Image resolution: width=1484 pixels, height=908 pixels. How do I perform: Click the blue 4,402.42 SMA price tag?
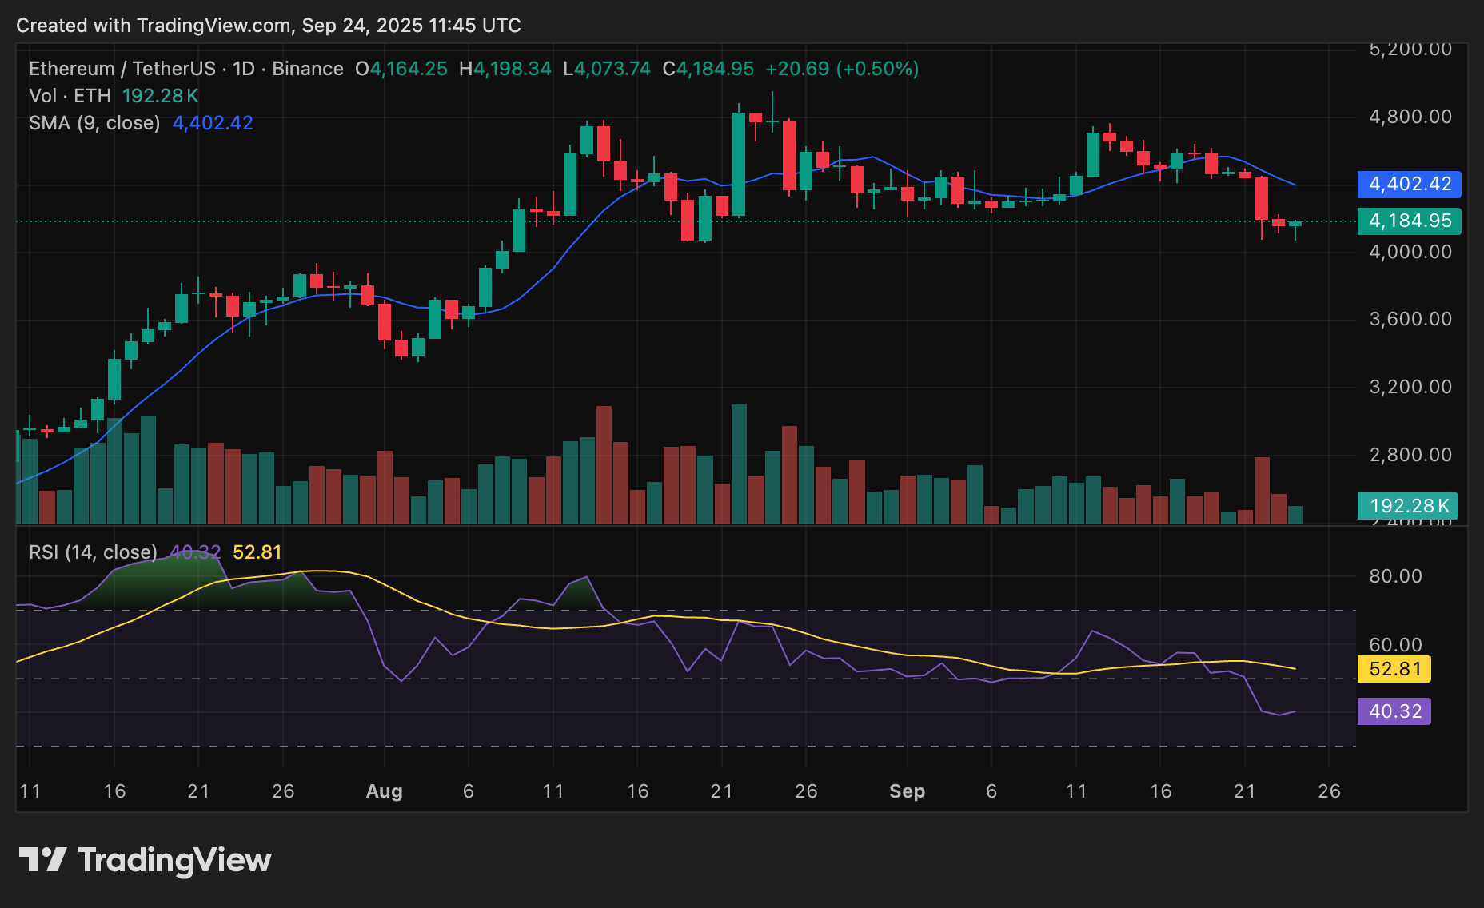[x=1409, y=184]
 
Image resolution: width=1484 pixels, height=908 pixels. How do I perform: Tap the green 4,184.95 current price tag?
[x=1409, y=221]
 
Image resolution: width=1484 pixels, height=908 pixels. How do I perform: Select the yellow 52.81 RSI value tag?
[x=1394, y=669]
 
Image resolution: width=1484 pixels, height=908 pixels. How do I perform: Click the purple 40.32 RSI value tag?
[x=1394, y=711]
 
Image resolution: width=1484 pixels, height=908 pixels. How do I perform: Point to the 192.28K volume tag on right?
[x=1408, y=506]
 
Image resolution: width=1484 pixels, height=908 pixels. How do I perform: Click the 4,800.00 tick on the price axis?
[x=1410, y=117]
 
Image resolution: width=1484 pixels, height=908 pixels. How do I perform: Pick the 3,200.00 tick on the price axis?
[x=1410, y=387]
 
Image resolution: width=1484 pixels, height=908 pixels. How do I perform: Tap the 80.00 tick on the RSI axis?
[x=1395, y=576]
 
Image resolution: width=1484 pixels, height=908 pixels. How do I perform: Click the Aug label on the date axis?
[x=384, y=791]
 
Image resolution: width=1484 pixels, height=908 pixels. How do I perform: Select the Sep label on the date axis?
[x=907, y=791]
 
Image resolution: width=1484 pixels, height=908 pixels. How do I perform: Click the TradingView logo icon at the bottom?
[x=42, y=860]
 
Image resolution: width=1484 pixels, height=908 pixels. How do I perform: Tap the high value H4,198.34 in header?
[x=505, y=69]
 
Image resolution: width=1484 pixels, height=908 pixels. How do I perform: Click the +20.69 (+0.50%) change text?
[x=842, y=69]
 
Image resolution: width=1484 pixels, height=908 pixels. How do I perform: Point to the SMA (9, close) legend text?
[x=94, y=123]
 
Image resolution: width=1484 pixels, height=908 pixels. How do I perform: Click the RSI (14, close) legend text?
[x=93, y=552]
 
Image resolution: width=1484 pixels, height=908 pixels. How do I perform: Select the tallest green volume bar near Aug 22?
[x=739, y=464]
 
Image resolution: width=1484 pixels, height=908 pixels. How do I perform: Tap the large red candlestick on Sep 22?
[x=1262, y=198]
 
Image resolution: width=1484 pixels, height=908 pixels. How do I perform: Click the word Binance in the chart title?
[x=308, y=69]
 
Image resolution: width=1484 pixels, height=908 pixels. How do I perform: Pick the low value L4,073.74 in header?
[x=607, y=69]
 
